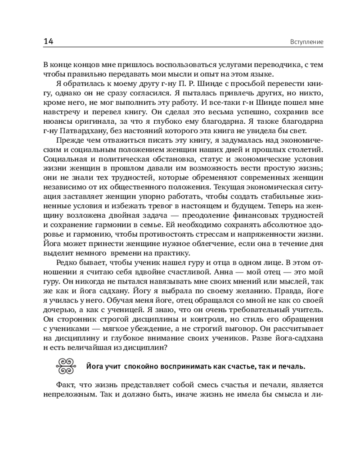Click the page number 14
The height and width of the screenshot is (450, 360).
coord(49,42)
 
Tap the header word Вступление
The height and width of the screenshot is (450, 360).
coord(305,42)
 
